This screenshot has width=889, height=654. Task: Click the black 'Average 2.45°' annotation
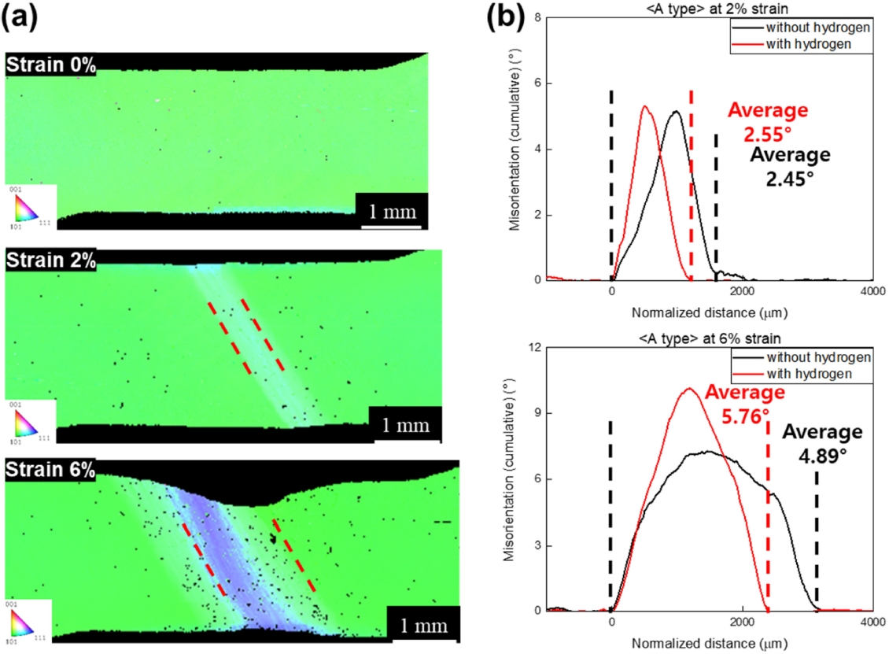pos(789,167)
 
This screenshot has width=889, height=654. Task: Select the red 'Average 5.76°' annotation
pos(744,404)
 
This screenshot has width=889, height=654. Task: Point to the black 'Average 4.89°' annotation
pos(822,444)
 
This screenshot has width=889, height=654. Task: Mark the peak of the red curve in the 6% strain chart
pos(689,388)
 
